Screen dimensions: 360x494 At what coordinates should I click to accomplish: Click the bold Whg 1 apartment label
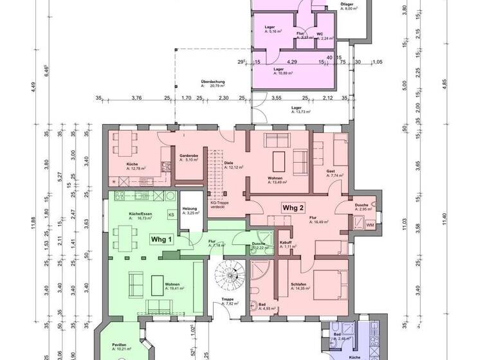[x=161, y=239]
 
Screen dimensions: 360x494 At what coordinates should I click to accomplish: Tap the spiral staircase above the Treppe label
[x=229, y=277]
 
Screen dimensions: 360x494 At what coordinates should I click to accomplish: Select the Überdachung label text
[x=212, y=82]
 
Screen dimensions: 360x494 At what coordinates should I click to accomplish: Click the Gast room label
[x=331, y=172]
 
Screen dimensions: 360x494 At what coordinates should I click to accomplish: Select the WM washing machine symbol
[x=369, y=225]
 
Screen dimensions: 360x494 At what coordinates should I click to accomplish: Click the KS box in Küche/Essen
[x=171, y=214]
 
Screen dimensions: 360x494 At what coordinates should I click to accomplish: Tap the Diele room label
[x=228, y=163]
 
